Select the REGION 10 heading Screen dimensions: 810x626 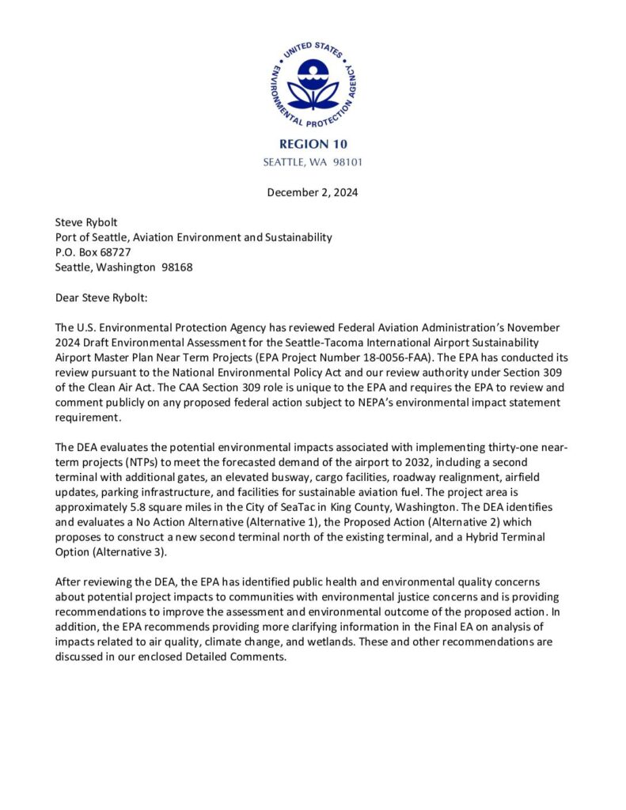313,145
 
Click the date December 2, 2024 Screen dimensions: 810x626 313,193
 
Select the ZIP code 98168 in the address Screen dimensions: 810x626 176,267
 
